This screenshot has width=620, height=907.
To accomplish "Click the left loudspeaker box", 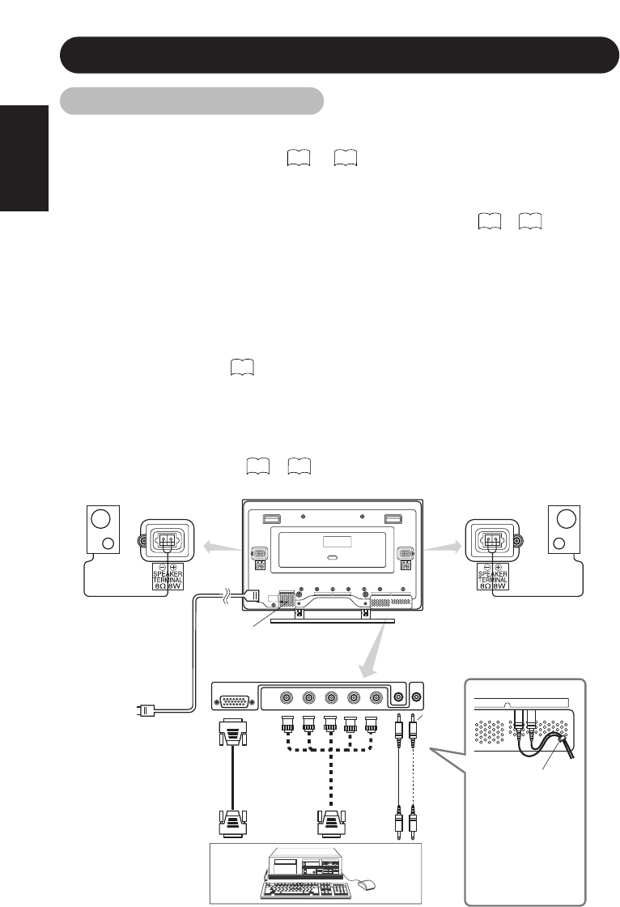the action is (x=103, y=530).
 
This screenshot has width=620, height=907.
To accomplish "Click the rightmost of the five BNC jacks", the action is (x=375, y=696).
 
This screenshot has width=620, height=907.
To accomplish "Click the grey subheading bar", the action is (x=193, y=101).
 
